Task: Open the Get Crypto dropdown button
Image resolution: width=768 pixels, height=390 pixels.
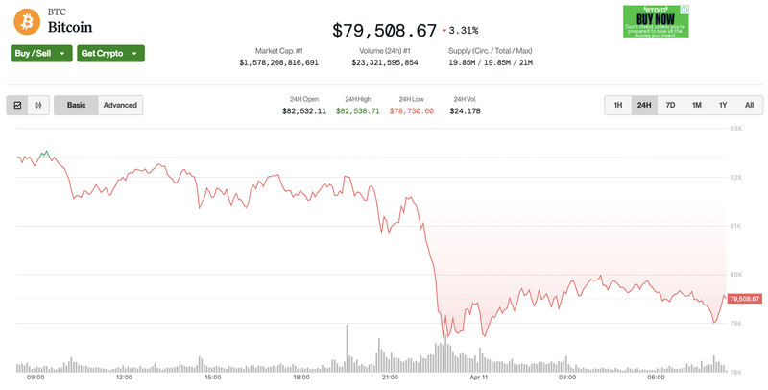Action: [110, 54]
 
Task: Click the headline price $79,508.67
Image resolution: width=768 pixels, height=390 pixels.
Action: [384, 31]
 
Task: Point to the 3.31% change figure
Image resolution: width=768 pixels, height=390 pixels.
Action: [465, 31]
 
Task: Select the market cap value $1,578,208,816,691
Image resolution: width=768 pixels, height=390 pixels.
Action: [278, 62]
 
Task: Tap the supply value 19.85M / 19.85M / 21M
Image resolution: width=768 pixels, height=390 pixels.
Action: [490, 62]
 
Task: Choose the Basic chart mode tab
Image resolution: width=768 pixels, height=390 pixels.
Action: [76, 106]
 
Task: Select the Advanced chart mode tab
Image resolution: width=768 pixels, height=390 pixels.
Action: [120, 106]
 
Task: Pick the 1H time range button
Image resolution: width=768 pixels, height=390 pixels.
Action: [618, 106]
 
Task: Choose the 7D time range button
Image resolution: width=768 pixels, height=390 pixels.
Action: [670, 106]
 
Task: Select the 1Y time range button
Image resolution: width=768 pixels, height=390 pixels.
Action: [723, 106]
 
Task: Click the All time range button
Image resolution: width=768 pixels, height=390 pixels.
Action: [749, 106]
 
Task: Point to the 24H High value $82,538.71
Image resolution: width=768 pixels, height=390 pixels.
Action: [358, 111]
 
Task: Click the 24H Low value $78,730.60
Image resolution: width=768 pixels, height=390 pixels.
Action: [412, 111]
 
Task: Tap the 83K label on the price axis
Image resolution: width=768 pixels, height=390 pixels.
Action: [735, 128]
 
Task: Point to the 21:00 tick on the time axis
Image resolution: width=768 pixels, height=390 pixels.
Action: [390, 378]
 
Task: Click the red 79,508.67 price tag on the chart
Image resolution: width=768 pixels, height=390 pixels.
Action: [745, 299]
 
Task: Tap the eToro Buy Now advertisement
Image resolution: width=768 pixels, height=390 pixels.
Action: [656, 21]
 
